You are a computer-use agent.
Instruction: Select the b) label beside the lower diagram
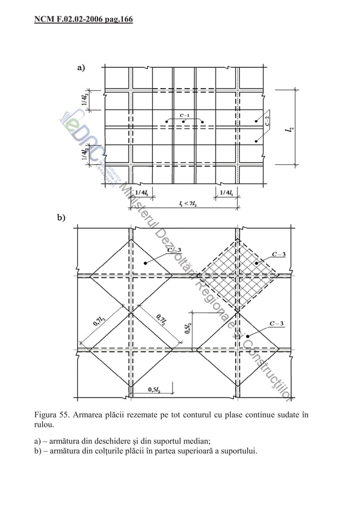pyautogui.click(x=60, y=217)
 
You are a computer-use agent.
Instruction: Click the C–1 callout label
pyautogui.click(x=184, y=115)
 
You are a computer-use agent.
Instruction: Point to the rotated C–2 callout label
pyautogui.click(x=267, y=119)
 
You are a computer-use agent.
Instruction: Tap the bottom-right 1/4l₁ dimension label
pyautogui.click(x=228, y=193)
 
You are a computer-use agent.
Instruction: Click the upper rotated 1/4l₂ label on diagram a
pyautogui.click(x=84, y=99)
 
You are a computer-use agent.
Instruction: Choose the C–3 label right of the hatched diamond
pyautogui.click(x=281, y=254)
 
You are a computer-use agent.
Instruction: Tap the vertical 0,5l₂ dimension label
pyautogui.click(x=187, y=328)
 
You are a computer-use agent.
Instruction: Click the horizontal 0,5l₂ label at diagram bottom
pyautogui.click(x=153, y=390)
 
